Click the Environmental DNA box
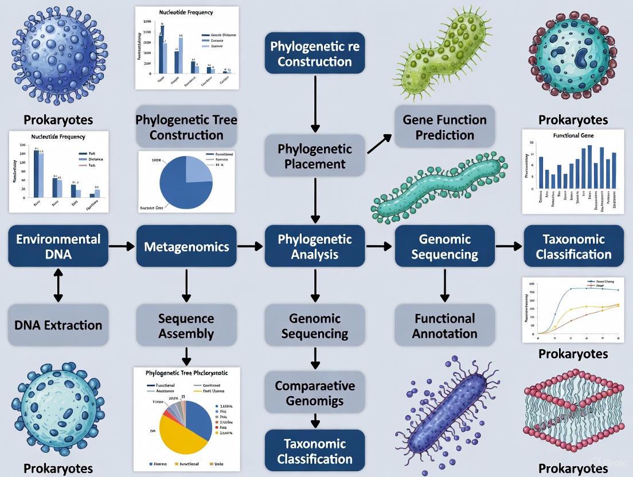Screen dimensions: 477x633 point(58,246)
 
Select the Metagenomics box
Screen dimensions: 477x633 point(186,246)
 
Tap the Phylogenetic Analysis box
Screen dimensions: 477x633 point(314,246)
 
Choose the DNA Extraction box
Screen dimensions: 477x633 point(58,325)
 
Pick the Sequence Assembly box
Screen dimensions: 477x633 point(186,326)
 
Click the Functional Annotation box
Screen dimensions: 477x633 point(444,326)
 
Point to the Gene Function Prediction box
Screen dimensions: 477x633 point(444,127)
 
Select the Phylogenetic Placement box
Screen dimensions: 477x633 point(314,156)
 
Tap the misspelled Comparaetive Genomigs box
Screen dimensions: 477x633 point(314,393)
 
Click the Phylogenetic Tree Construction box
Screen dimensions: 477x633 point(186,127)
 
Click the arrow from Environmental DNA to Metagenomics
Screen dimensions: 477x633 point(122,246)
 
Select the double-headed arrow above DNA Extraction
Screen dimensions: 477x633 point(58,286)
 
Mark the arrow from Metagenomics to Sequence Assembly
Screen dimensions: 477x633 point(186,286)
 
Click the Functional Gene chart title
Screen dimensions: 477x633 point(573,135)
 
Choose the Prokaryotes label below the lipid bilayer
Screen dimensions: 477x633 point(573,468)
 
